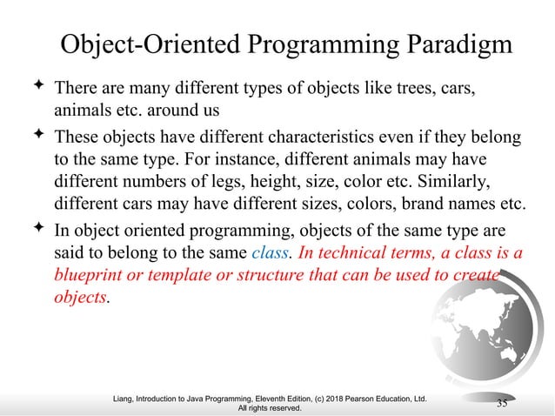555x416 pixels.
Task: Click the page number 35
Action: (503, 402)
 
